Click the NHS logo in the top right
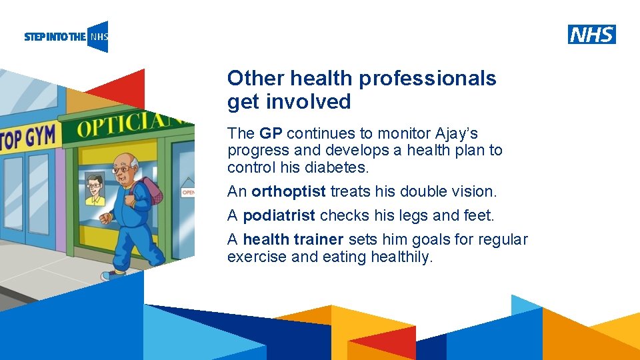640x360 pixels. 591,34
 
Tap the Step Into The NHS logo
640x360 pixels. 66,37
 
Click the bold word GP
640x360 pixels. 271,133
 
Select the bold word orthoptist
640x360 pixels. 289,192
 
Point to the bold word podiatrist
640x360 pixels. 279,216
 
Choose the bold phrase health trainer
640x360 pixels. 293,239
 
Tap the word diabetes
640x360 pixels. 335,167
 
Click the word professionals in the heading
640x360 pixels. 428,79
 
